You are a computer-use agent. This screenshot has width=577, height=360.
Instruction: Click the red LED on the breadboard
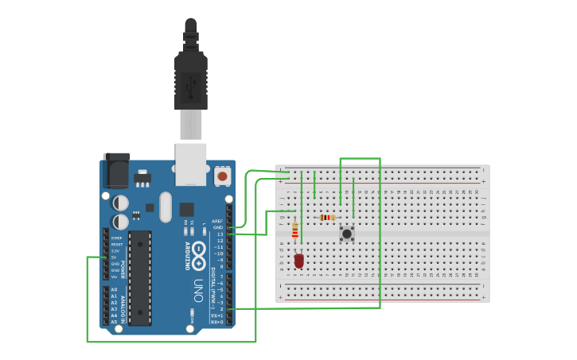tap(299, 260)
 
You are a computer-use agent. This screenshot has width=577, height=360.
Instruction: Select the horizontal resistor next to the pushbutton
tap(326, 217)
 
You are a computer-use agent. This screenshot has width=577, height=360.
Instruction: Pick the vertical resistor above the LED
tap(295, 230)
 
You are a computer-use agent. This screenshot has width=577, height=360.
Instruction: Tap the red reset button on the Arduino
tap(223, 175)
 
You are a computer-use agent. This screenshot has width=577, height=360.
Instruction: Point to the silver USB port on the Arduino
tap(191, 164)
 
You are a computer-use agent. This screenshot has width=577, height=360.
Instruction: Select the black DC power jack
tap(116, 171)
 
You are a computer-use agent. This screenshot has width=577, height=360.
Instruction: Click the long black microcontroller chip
tap(140, 277)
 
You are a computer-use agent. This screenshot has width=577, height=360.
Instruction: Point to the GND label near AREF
tap(218, 227)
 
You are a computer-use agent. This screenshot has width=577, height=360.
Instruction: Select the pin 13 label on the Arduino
tap(220, 234)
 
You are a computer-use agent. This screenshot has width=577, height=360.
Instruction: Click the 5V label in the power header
tap(115, 257)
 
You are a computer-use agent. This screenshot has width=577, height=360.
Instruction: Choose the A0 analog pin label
tap(115, 290)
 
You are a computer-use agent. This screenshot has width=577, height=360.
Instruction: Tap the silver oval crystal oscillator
tap(166, 207)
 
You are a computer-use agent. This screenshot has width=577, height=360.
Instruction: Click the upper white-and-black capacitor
tap(120, 203)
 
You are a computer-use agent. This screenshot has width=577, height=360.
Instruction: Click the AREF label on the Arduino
tap(217, 221)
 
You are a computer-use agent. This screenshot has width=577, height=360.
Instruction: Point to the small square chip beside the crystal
tap(186, 210)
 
